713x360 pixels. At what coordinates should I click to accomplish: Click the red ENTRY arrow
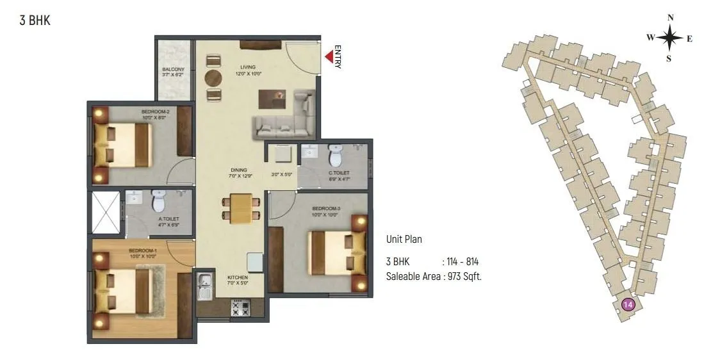[329, 57]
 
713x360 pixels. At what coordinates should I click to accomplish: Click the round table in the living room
[213, 78]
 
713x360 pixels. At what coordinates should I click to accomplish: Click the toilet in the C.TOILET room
[335, 154]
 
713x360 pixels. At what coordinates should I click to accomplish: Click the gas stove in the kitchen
[240, 308]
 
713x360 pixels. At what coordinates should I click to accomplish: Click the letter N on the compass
[670, 18]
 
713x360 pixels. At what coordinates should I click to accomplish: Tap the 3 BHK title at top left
[35, 20]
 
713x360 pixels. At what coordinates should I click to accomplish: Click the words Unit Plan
[404, 240]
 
